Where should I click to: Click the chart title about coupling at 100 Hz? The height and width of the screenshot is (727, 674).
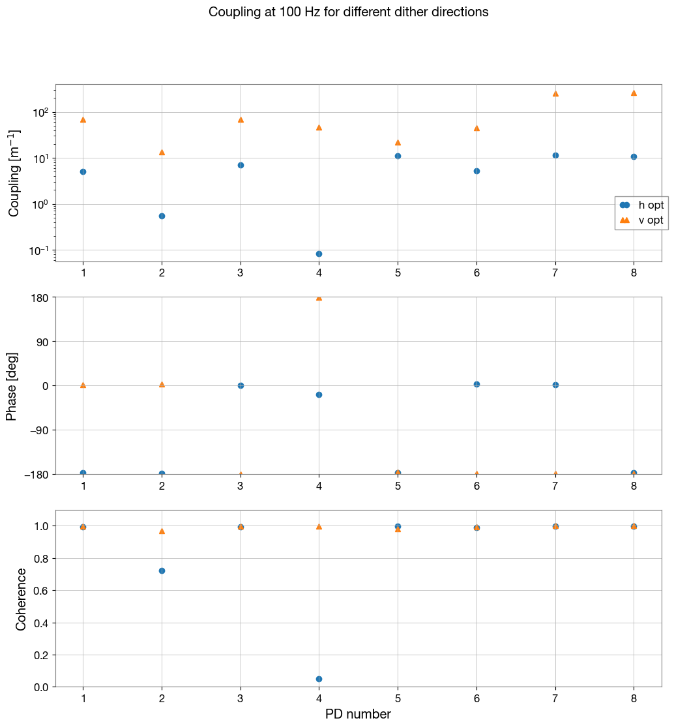(x=348, y=12)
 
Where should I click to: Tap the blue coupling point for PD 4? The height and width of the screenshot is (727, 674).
(x=319, y=254)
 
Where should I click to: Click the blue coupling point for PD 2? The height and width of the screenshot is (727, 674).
(x=162, y=216)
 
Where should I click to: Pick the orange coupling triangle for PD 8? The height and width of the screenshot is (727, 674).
(x=634, y=93)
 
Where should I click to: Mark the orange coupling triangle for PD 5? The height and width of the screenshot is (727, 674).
(x=398, y=143)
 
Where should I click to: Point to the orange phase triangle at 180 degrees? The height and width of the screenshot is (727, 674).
(x=319, y=298)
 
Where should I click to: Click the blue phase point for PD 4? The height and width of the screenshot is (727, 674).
(x=319, y=394)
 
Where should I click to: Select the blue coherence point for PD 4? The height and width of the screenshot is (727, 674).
(x=319, y=679)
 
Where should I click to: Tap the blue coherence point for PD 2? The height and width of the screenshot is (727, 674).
(x=162, y=571)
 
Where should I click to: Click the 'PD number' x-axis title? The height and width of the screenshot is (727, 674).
(x=358, y=715)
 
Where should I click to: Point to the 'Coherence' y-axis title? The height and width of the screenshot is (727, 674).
(x=21, y=599)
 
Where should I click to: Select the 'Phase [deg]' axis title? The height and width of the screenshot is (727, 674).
(x=12, y=386)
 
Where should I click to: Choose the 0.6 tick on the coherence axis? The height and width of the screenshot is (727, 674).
(x=40, y=591)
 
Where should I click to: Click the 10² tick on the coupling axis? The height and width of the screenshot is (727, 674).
(x=40, y=113)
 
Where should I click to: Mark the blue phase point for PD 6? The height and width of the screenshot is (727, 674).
(x=476, y=384)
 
